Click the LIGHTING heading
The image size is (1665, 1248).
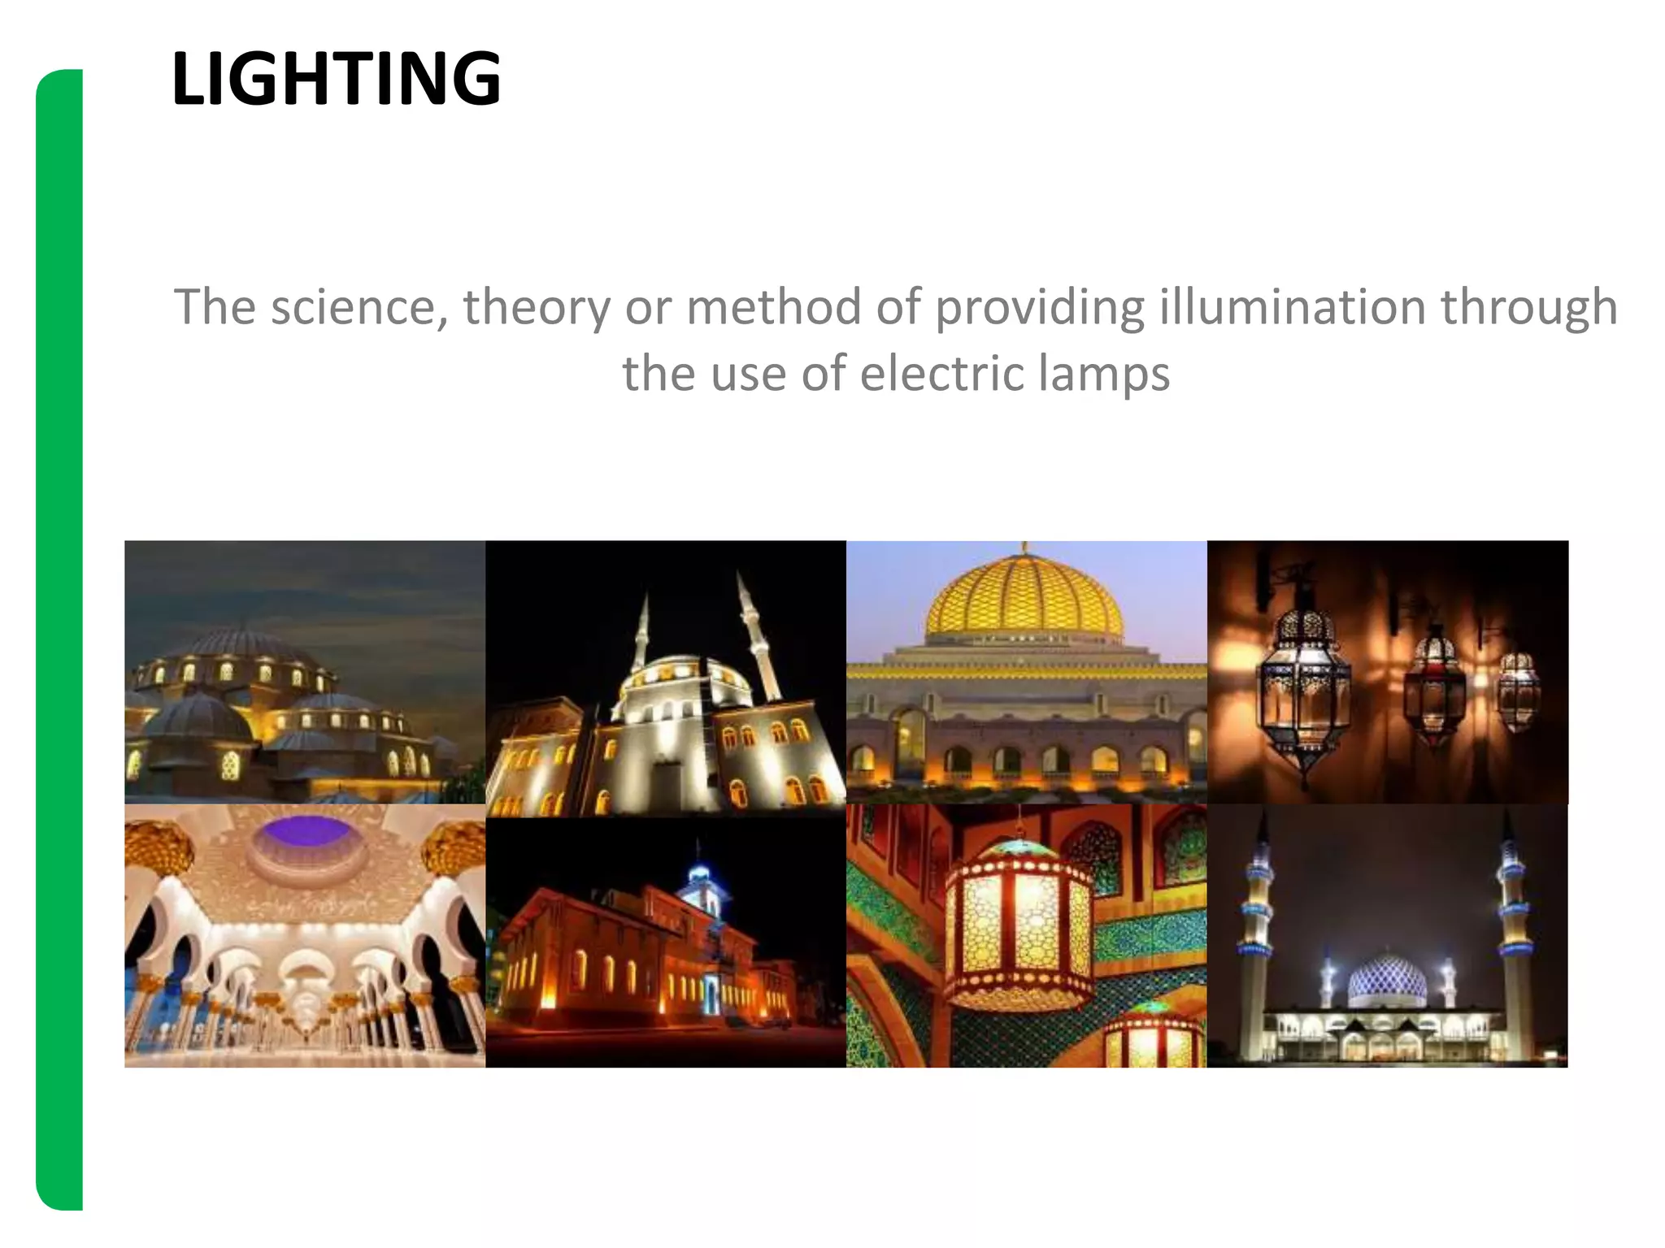336,79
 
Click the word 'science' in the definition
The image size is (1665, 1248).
359,307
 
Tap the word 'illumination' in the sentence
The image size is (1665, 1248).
1292,307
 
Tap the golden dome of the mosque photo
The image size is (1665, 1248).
1024,597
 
